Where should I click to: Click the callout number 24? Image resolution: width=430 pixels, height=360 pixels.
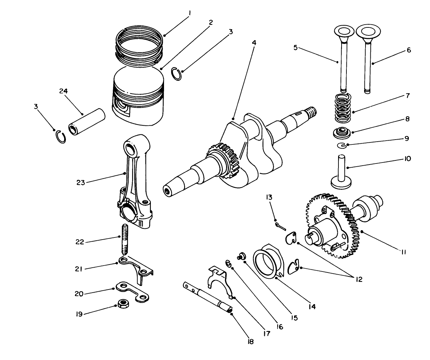coord(63,91)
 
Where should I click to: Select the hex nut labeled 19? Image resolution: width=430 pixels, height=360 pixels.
coord(122,303)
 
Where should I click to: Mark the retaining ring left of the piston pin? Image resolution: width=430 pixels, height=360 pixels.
coord(61,136)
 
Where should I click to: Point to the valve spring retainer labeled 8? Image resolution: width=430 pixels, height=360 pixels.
coord(342,132)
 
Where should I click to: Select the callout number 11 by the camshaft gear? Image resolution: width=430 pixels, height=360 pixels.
coord(403,252)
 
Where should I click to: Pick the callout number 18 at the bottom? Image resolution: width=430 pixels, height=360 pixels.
coord(250,342)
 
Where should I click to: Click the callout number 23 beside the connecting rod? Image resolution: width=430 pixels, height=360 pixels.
coord(80,183)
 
